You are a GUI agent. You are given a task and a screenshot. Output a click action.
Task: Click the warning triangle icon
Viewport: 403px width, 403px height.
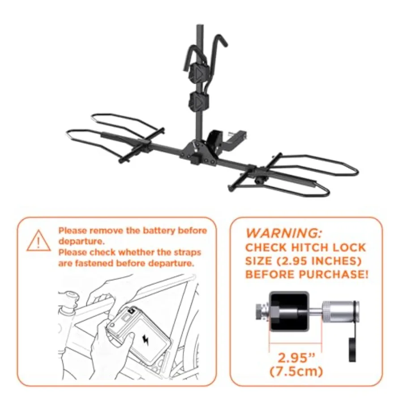[39, 240]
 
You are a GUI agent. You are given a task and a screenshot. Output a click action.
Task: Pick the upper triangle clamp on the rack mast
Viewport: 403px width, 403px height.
[198, 72]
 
